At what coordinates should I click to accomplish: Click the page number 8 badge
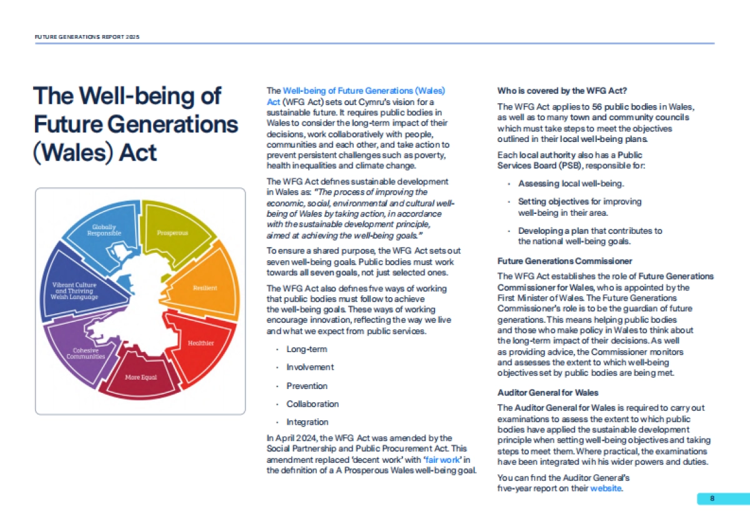point(712,498)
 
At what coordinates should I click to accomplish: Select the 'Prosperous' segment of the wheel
point(173,233)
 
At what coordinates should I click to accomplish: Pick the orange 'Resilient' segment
point(203,288)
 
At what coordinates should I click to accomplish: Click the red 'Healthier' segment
point(200,343)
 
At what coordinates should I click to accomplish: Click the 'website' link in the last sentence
point(606,488)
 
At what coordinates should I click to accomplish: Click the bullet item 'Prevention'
point(307,386)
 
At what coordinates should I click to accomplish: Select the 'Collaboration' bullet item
point(312,404)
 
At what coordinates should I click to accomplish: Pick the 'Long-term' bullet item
point(306,349)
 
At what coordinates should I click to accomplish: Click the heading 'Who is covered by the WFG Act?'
point(562,90)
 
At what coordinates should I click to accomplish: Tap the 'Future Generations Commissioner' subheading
point(564,261)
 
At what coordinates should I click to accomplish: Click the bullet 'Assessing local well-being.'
point(571,184)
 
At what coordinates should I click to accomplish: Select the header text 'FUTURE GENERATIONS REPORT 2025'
point(87,37)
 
